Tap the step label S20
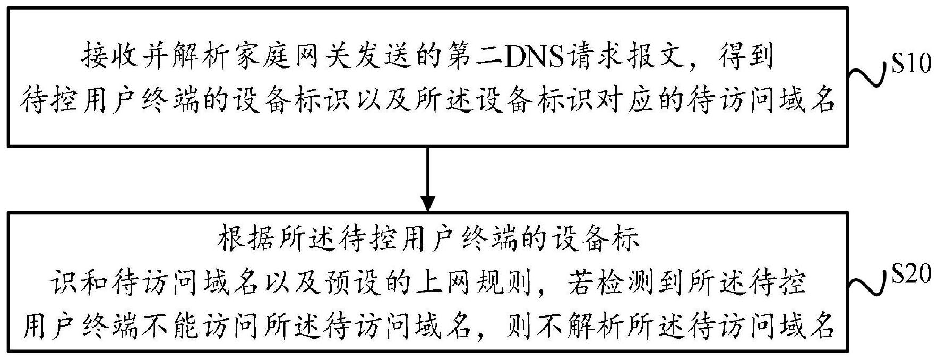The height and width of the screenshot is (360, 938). click(x=909, y=275)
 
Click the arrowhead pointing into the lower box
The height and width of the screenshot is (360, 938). click(x=428, y=203)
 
